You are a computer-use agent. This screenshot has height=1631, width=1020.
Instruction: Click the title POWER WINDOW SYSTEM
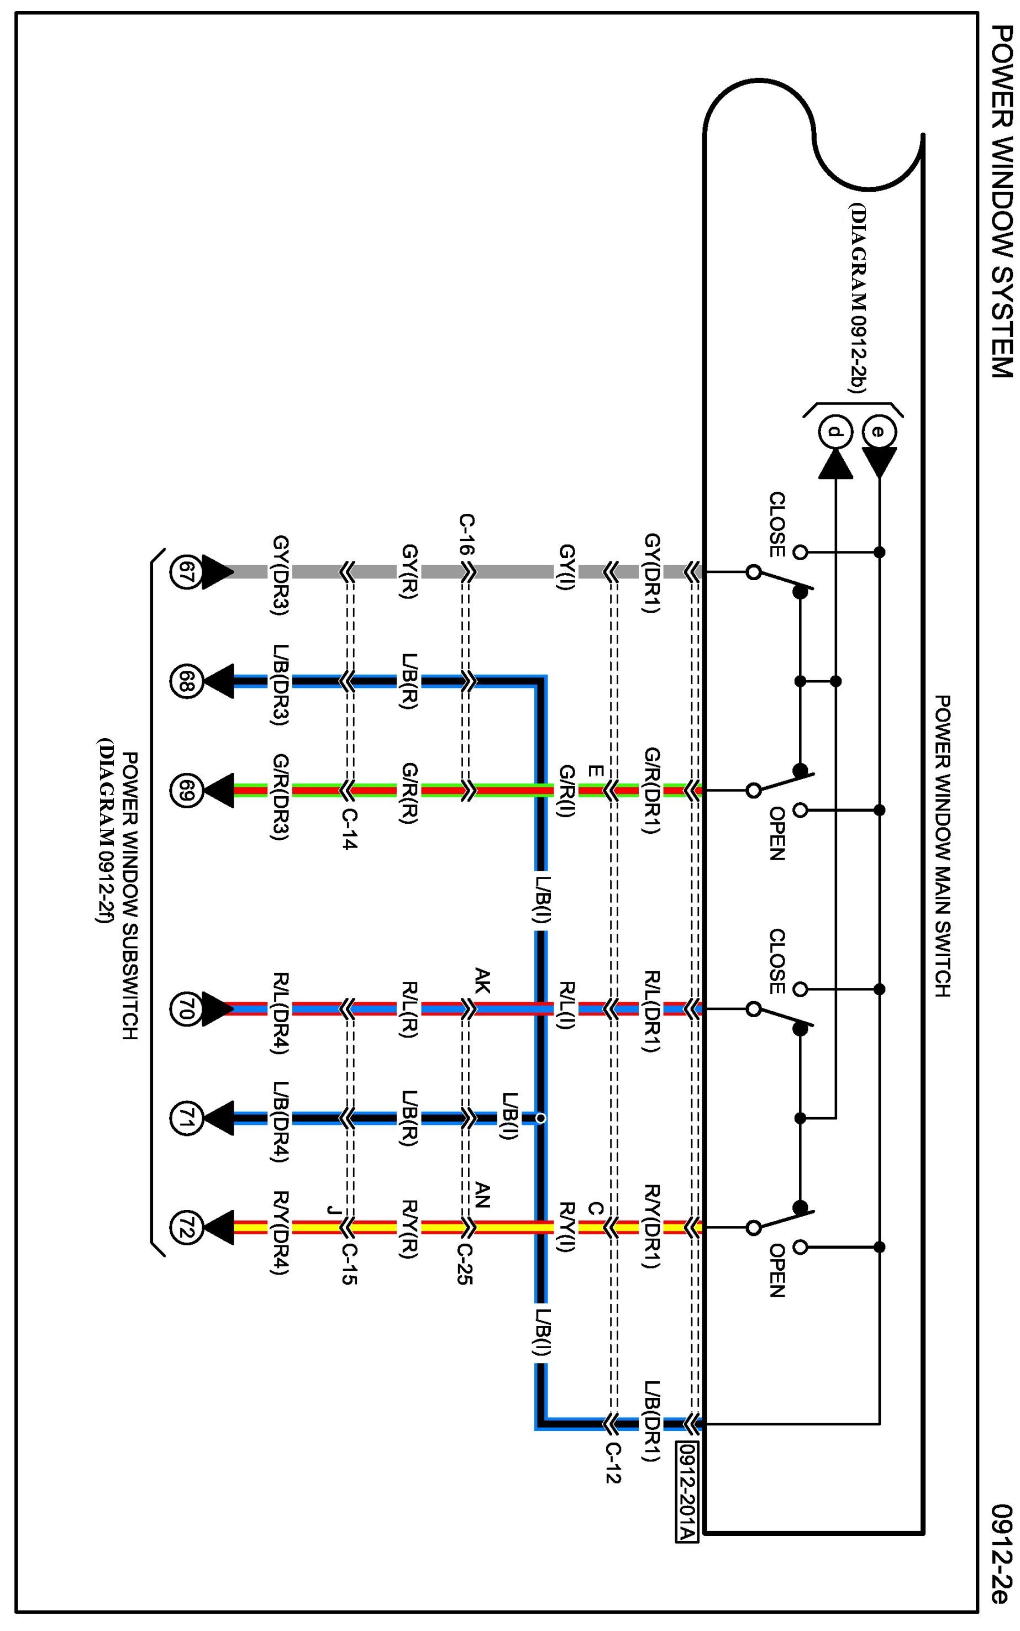click(x=1002, y=202)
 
